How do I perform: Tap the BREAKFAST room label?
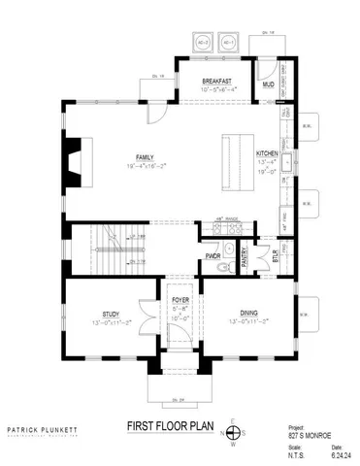point(215,82)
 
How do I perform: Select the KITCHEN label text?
point(268,153)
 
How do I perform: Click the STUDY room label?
point(109,314)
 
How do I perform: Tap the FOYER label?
point(180,301)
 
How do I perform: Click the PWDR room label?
point(213,256)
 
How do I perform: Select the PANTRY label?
point(245,256)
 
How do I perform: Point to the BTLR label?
point(275,256)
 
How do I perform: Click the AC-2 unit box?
point(204,43)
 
